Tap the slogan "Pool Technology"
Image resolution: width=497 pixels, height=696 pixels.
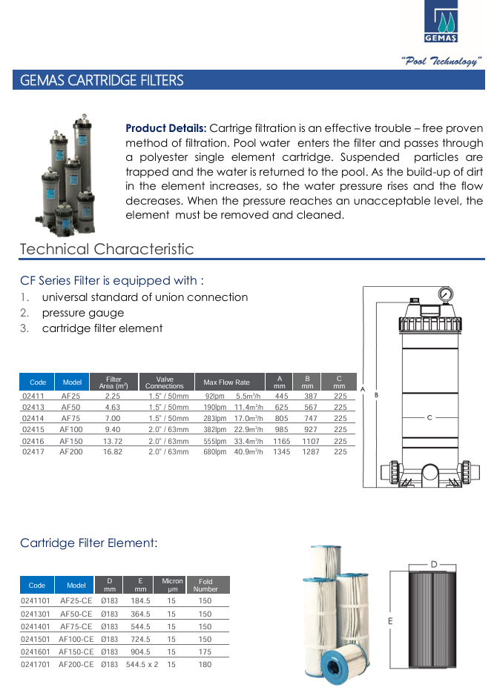click(442, 62)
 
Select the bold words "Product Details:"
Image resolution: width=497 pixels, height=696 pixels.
click(166, 128)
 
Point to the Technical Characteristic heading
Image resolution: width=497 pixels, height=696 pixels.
click(107, 249)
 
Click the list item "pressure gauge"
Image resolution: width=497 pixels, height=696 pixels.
click(82, 313)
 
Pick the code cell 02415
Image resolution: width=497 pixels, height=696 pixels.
click(33, 429)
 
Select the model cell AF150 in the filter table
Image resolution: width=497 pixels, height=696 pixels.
click(71, 441)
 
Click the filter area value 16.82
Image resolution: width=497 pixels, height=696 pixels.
click(113, 451)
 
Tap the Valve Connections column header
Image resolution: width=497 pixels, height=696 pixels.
click(164, 382)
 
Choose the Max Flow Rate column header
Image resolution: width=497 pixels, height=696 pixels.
click(227, 382)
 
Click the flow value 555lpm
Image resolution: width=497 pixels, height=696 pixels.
click(214, 441)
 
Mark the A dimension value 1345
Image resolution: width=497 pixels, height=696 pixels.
click(281, 451)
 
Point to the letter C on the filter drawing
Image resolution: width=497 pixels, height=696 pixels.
click(429, 418)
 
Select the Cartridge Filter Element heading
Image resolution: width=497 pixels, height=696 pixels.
click(89, 543)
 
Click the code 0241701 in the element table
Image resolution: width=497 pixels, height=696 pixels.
click(36, 664)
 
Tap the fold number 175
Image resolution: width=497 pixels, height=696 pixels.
click(205, 652)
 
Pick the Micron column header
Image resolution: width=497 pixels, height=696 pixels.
click(172, 585)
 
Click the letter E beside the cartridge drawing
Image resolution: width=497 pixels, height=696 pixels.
click(389, 620)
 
